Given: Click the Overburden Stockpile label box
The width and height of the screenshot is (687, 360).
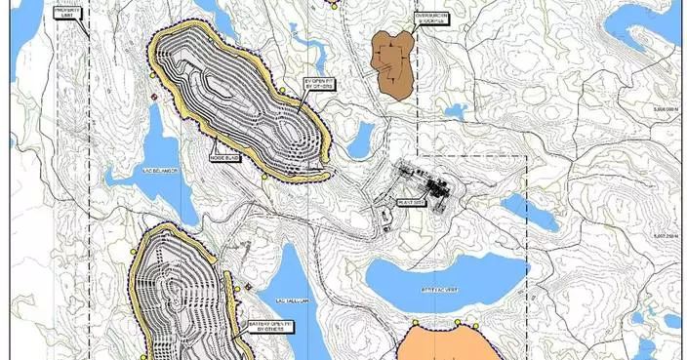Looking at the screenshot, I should [429, 19].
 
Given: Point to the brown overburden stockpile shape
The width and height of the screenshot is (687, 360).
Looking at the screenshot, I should [394, 63].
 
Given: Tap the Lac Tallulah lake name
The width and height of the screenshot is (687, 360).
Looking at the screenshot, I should [292, 300].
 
